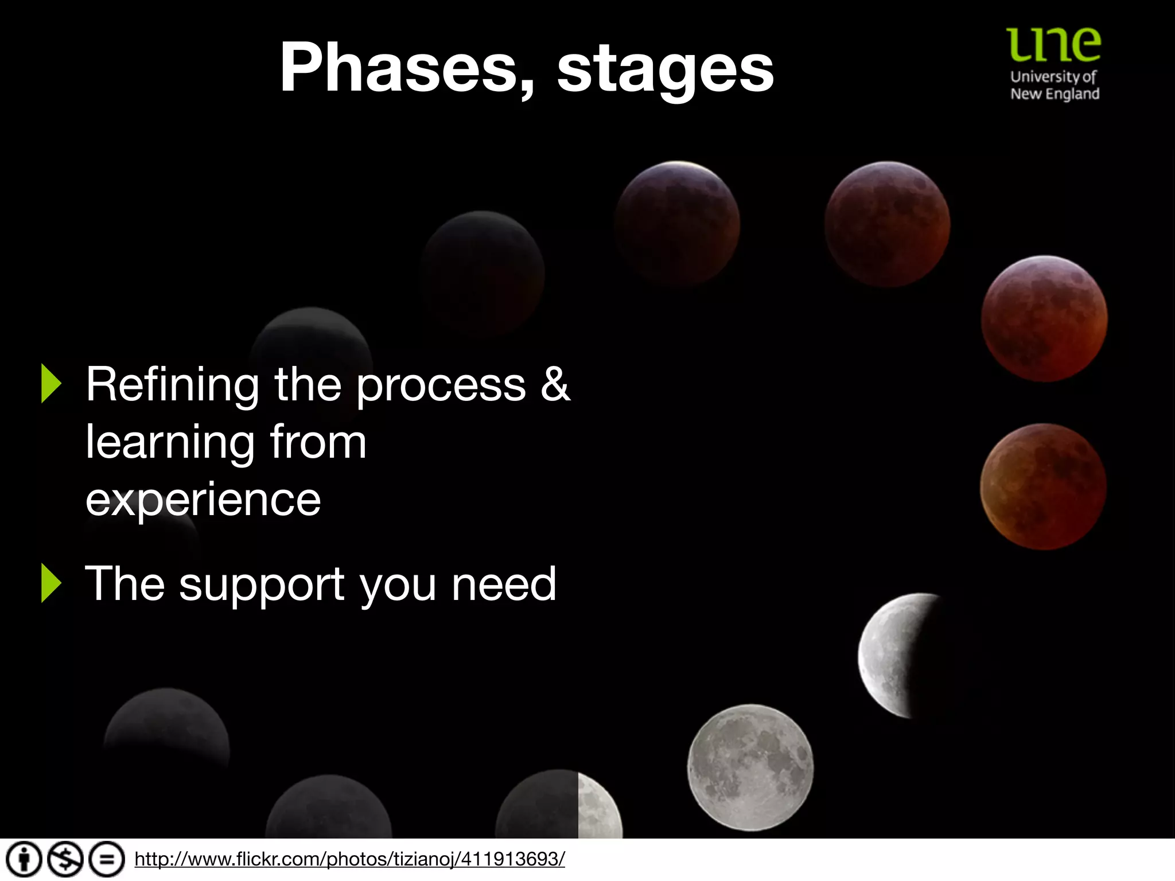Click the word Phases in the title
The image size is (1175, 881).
(398, 68)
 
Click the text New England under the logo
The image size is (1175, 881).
(1055, 94)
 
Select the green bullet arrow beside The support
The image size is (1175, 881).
(50, 583)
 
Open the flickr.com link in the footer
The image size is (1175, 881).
(349, 859)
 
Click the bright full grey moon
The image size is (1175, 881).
(750, 767)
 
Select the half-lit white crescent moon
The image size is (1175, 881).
(895, 655)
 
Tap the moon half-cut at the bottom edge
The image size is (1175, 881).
(559, 806)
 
